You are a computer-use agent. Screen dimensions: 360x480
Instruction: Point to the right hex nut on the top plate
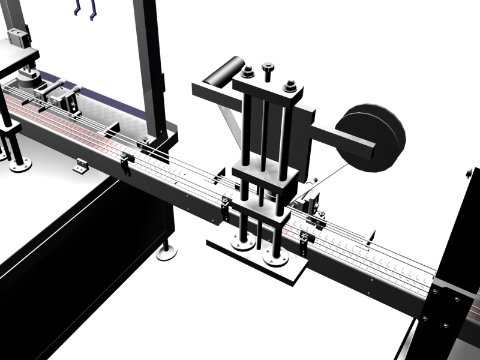(289, 86)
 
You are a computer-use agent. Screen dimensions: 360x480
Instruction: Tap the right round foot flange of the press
(276, 259)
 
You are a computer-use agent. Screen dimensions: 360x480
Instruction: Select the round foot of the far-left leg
(20, 165)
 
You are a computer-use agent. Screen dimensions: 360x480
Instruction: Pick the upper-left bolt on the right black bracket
(434, 292)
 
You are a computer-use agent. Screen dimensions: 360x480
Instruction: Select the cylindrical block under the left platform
(27, 79)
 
